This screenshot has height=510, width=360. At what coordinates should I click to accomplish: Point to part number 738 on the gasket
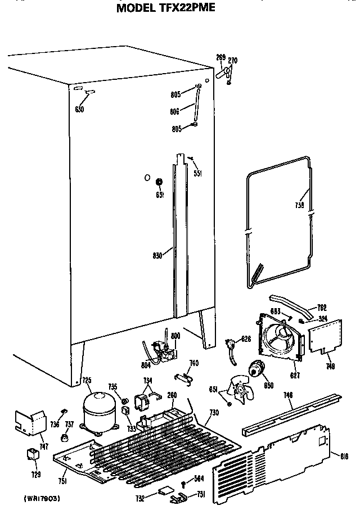point(299,205)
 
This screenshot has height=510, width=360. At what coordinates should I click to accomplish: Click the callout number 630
point(79,109)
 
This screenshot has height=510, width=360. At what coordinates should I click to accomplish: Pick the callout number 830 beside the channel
point(157,255)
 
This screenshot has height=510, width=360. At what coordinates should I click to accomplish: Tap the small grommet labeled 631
point(159,182)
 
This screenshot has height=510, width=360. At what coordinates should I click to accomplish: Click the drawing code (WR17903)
point(42,498)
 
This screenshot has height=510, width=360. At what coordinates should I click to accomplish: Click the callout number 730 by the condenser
point(214,413)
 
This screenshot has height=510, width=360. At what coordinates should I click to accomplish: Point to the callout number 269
point(220,57)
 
